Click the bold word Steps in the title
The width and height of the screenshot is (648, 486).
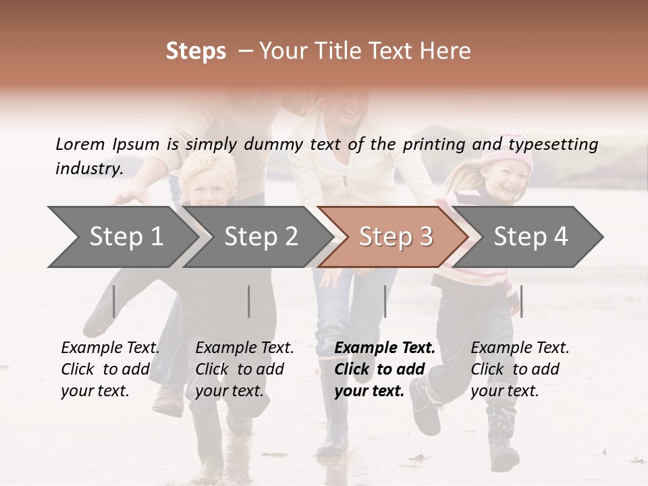tap(196, 51)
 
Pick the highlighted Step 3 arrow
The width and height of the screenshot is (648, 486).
tap(396, 237)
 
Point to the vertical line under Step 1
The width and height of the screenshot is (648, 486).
tap(114, 301)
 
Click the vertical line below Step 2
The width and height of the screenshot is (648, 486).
tap(249, 301)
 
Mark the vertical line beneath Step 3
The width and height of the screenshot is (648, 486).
tap(385, 301)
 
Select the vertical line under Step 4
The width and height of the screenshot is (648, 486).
tap(521, 301)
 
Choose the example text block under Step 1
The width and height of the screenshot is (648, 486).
tap(110, 369)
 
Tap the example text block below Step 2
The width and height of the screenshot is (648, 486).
tap(244, 369)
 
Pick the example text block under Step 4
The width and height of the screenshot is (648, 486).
tap(520, 369)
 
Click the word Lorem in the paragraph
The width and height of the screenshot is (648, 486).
tap(80, 144)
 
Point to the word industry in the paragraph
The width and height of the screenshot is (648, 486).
tap(89, 168)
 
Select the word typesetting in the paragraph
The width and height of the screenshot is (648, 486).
tap(553, 144)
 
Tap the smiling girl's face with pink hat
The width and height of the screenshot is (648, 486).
tap(510, 181)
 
